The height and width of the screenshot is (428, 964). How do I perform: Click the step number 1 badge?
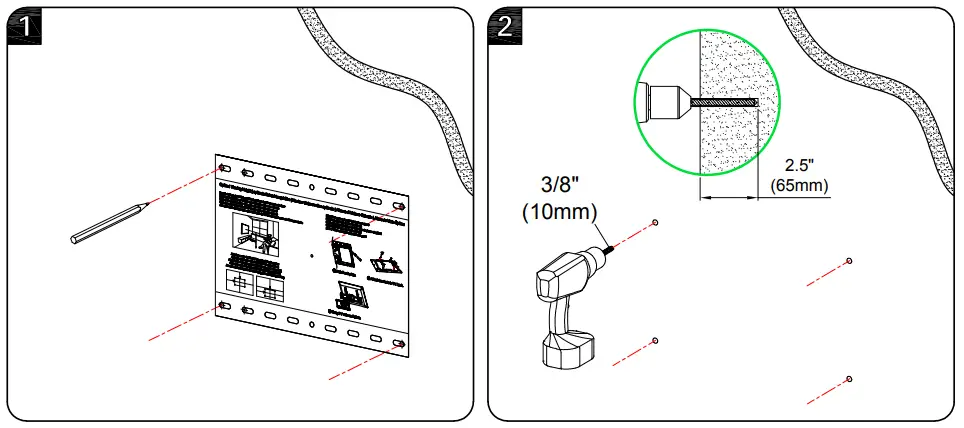(22, 24)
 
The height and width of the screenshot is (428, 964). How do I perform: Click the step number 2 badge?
(504, 24)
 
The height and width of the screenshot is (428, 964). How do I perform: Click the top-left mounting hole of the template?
(224, 169)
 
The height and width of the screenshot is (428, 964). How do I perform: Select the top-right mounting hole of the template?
(400, 206)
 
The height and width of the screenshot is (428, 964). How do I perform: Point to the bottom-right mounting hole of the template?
(399, 346)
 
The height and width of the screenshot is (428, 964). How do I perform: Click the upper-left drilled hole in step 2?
(654, 221)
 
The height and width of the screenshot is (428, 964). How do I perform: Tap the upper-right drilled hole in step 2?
(848, 261)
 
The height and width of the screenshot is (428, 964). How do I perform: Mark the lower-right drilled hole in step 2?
(848, 379)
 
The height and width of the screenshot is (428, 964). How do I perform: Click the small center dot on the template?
(313, 255)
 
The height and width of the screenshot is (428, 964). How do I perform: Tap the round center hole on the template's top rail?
(312, 187)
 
